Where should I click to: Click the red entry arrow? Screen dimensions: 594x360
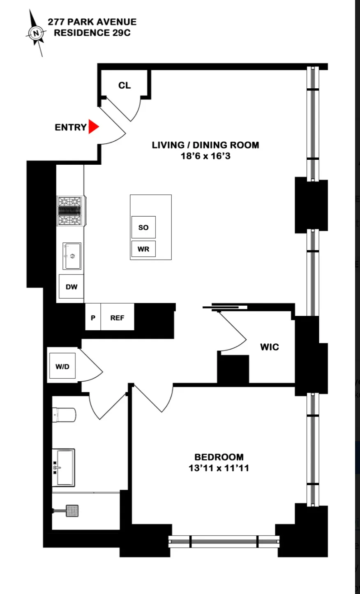pyautogui.click(x=94, y=127)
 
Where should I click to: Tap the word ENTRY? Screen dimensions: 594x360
pyautogui.click(x=71, y=127)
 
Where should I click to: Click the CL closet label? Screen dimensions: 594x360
pyautogui.click(x=125, y=85)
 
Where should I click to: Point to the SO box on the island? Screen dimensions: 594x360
pyautogui.click(x=143, y=227)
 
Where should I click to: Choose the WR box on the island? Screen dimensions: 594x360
pyautogui.click(x=143, y=249)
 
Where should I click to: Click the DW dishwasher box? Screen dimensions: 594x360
pyautogui.click(x=72, y=287)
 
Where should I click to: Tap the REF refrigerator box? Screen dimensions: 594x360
pyautogui.click(x=117, y=318)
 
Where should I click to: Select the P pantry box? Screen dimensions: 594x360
pyautogui.click(x=93, y=318)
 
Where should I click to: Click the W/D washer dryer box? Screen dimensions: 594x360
pyautogui.click(x=62, y=366)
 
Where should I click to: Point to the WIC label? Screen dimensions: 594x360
pyautogui.click(x=270, y=347)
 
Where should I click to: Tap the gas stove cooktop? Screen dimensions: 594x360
pyautogui.click(x=71, y=211)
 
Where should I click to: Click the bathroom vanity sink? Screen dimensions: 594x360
pyautogui.click(x=65, y=467)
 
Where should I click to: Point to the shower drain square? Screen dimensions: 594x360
pyautogui.click(x=72, y=511)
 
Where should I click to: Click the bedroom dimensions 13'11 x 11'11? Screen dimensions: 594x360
pyautogui.click(x=219, y=468)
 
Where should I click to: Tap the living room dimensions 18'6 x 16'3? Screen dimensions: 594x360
pyautogui.click(x=205, y=156)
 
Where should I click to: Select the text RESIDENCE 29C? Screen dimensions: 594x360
pyautogui.click(x=92, y=33)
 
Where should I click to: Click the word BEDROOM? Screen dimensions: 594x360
pyautogui.click(x=219, y=457)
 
